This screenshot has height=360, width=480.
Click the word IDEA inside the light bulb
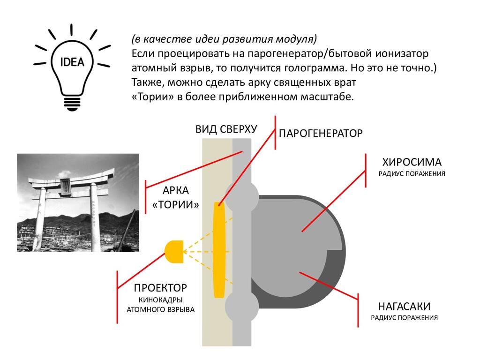point(72,62)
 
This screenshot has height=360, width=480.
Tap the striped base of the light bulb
point(72,104)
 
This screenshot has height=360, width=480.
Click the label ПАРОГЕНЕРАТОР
point(321,134)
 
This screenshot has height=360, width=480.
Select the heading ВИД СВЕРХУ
point(226,129)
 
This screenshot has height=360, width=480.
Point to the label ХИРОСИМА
point(412,162)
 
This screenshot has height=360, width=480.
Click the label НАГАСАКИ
point(404,306)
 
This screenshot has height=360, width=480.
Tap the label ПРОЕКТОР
point(160,288)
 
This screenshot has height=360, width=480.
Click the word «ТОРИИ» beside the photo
point(176,204)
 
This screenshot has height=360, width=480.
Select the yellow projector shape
point(174,252)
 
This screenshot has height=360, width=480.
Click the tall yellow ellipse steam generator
point(219,250)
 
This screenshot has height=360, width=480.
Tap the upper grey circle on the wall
point(242,196)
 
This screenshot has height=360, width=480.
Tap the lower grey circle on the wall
point(242,306)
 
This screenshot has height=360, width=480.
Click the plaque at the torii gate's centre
point(66,187)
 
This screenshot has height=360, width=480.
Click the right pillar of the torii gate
point(95,219)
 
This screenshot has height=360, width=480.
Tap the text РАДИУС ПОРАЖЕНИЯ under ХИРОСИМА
point(412,174)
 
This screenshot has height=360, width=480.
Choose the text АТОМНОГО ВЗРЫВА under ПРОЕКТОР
point(161,309)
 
